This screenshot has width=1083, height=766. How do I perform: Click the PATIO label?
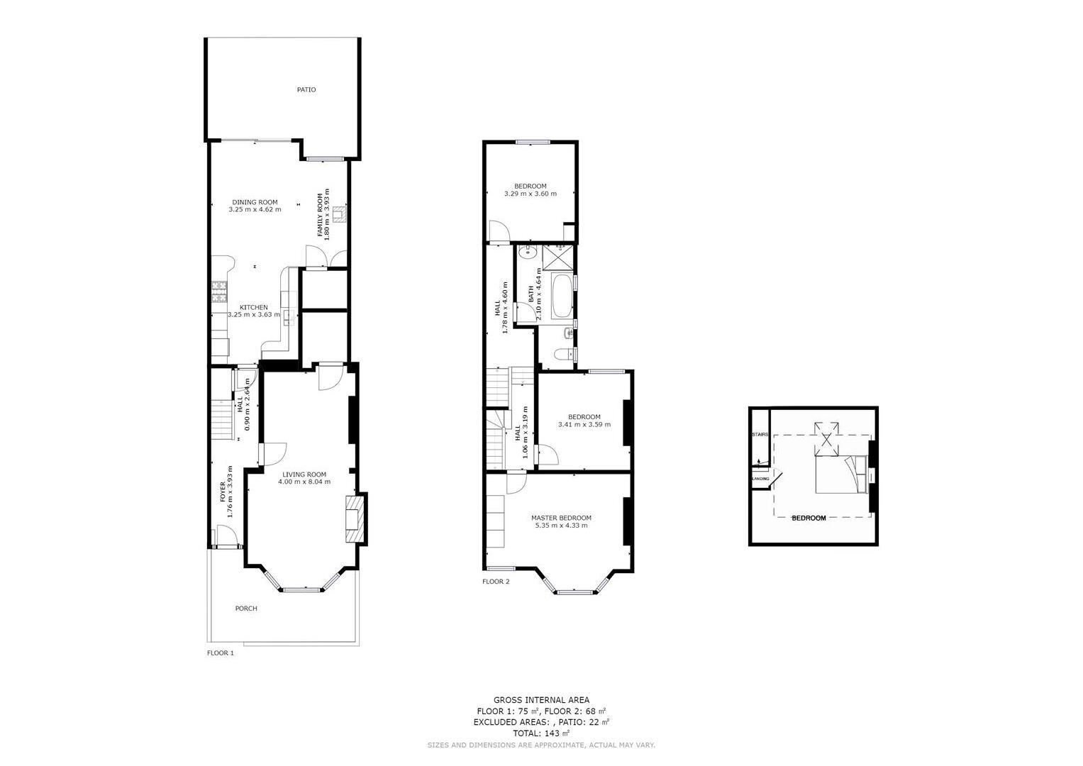(306, 89)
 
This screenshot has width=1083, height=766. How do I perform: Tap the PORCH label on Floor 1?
(246, 609)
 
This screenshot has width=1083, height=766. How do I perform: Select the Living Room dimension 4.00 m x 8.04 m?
(304, 482)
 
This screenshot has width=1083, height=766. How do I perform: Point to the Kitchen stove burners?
(219, 292)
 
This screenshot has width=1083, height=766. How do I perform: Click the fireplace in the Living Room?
(355, 519)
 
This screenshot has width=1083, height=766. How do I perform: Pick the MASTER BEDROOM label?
(561, 518)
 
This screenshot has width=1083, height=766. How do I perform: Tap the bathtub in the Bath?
(562, 296)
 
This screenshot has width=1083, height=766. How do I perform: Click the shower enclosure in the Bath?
(558, 257)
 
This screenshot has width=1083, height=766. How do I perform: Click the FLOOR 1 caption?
(221, 653)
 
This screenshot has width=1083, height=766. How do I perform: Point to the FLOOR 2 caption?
(496, 582)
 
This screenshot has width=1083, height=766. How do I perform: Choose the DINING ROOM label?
(255, 202)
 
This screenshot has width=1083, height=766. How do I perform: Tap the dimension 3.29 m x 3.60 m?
(531, 194)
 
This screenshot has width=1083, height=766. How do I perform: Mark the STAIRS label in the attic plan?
(760, 434)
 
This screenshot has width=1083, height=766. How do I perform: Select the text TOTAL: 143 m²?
(541, 733)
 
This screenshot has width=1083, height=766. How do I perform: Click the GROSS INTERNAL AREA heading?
(542, 700)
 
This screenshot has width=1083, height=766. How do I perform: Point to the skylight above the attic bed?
(827, 439)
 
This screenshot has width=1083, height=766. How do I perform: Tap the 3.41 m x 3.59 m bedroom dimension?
(584, 425)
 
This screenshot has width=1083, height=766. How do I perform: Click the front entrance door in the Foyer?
(226, 535)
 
